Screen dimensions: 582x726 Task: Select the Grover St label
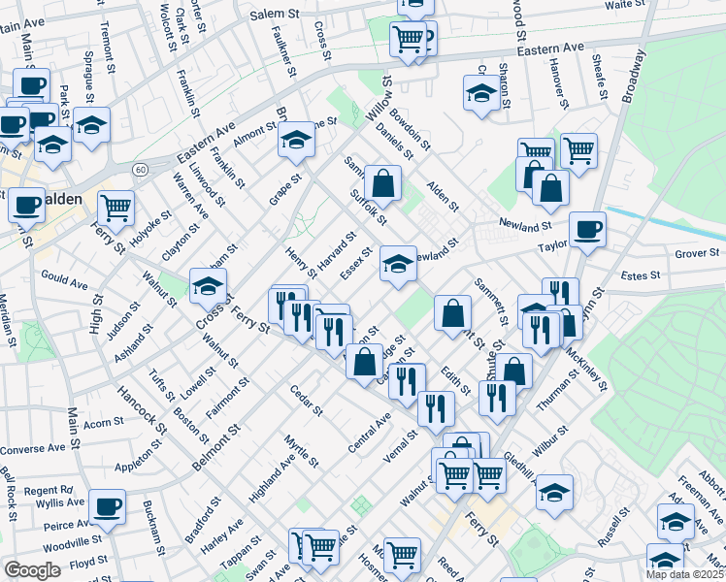[698, 254]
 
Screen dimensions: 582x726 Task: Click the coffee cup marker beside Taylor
[587, 230]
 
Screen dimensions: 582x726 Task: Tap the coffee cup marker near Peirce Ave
[107, 505]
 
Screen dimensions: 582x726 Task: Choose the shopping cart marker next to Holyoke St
[115, 207]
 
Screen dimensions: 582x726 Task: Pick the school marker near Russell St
[554, 492]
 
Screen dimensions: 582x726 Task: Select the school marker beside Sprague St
[91, 126]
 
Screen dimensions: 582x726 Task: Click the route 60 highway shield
[141, 170]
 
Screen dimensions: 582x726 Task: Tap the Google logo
[32, 570]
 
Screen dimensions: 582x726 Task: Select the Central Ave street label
[369, 432]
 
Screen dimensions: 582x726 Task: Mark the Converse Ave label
[39, 448]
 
